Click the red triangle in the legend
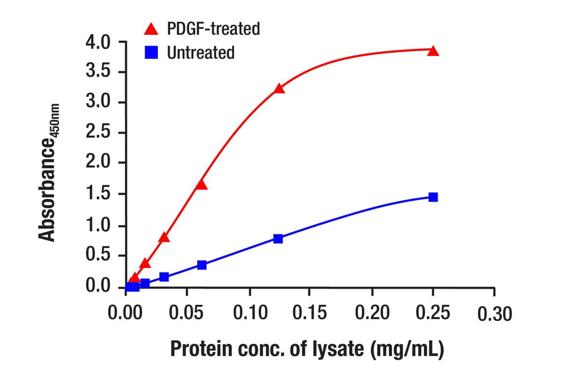tap(151, 29)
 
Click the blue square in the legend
tap(151, 53)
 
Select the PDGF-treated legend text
tap(213, 29)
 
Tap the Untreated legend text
tap(201, 53)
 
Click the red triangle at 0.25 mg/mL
tap(433, 51)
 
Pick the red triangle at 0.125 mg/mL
tap(279, 89)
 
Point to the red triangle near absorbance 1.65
tap(201, 185)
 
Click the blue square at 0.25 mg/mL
tap(433, 197)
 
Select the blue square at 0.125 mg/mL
tap(278, 239)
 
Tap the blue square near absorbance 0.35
tap(202, 265)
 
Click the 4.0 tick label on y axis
tap(100, 43)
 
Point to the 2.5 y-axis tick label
tap(100, 133)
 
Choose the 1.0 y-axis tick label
tap(100, 225)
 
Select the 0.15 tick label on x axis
tap(310, 313)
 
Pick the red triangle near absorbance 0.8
tap(164, 238)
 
